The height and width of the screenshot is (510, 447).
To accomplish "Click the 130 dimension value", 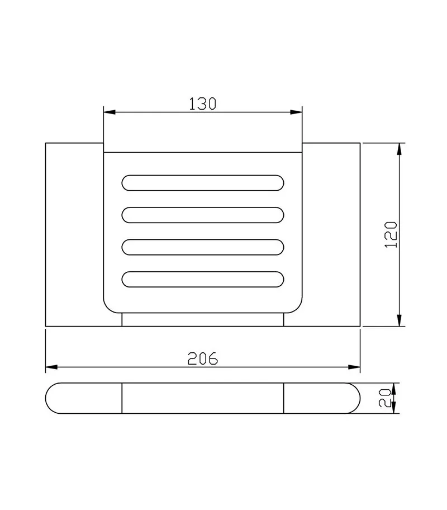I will pos(202,103).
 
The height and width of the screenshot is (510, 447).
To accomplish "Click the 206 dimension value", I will pos(202,358).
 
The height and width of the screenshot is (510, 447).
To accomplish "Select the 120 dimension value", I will pos(391,234).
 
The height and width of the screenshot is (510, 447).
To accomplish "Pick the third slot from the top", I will pos(202,247).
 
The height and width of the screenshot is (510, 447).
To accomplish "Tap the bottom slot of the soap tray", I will pos(202,279).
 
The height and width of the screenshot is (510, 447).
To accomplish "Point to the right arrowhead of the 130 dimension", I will pos(297,112).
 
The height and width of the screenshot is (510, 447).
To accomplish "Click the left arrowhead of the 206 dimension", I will pos(51,367).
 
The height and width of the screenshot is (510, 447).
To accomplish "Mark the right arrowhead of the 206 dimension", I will pos(355,367).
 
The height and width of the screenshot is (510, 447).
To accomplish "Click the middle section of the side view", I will pos(202,399).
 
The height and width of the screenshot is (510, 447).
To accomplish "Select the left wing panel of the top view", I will pos(74,234).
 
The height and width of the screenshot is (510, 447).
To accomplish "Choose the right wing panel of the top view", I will pos(331,234).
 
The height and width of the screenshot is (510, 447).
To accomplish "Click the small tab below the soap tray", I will pos(202,320).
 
